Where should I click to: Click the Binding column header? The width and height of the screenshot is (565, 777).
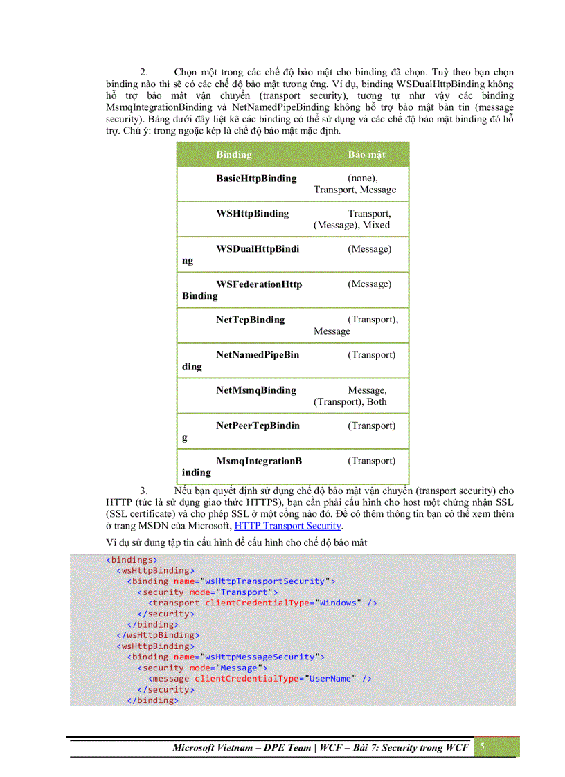pos(234,154)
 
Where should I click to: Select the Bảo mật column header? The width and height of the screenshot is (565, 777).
pos(366,154)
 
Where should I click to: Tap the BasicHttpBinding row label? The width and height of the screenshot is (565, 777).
pos(256,179)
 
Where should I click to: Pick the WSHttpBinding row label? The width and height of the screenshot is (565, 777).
pos(253,214)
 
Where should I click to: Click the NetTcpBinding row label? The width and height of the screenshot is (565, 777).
pos(251,320)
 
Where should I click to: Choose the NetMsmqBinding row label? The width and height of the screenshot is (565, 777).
pos(256,390)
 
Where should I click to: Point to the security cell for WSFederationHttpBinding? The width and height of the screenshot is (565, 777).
pos(369,284)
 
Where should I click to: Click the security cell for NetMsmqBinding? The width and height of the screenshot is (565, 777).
pos(357,396)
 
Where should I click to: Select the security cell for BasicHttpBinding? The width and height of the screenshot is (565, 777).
pos(355,184)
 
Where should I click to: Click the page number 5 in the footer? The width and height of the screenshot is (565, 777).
pos(482,747)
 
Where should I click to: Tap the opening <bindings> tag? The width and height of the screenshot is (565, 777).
pos(132,560)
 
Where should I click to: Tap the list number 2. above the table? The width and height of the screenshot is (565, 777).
pos(144,72)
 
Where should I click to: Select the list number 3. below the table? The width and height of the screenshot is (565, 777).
pos(144,491)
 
